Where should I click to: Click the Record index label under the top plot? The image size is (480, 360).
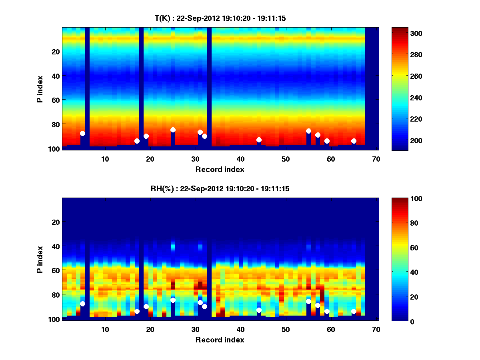coord(220,169)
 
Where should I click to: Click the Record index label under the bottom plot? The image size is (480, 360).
coord(220,340)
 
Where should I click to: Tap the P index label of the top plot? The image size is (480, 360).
coord(40,89)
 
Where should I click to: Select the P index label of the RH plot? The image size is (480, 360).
coord(40,259)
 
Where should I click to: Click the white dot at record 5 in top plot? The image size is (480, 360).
coord(82,133)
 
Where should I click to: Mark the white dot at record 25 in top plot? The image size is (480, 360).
coord(173,130)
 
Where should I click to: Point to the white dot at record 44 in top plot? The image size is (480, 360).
coord(259,140)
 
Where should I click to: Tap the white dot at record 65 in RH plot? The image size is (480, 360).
coord(354,311)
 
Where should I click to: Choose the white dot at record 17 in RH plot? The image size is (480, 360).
coord(137,311)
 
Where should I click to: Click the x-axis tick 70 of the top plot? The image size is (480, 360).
coord(376,159)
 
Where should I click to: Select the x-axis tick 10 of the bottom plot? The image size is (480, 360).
coord(105,329)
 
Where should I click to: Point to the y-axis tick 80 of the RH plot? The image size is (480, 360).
coord(55,294)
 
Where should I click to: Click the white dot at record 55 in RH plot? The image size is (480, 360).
coord(308,301)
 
